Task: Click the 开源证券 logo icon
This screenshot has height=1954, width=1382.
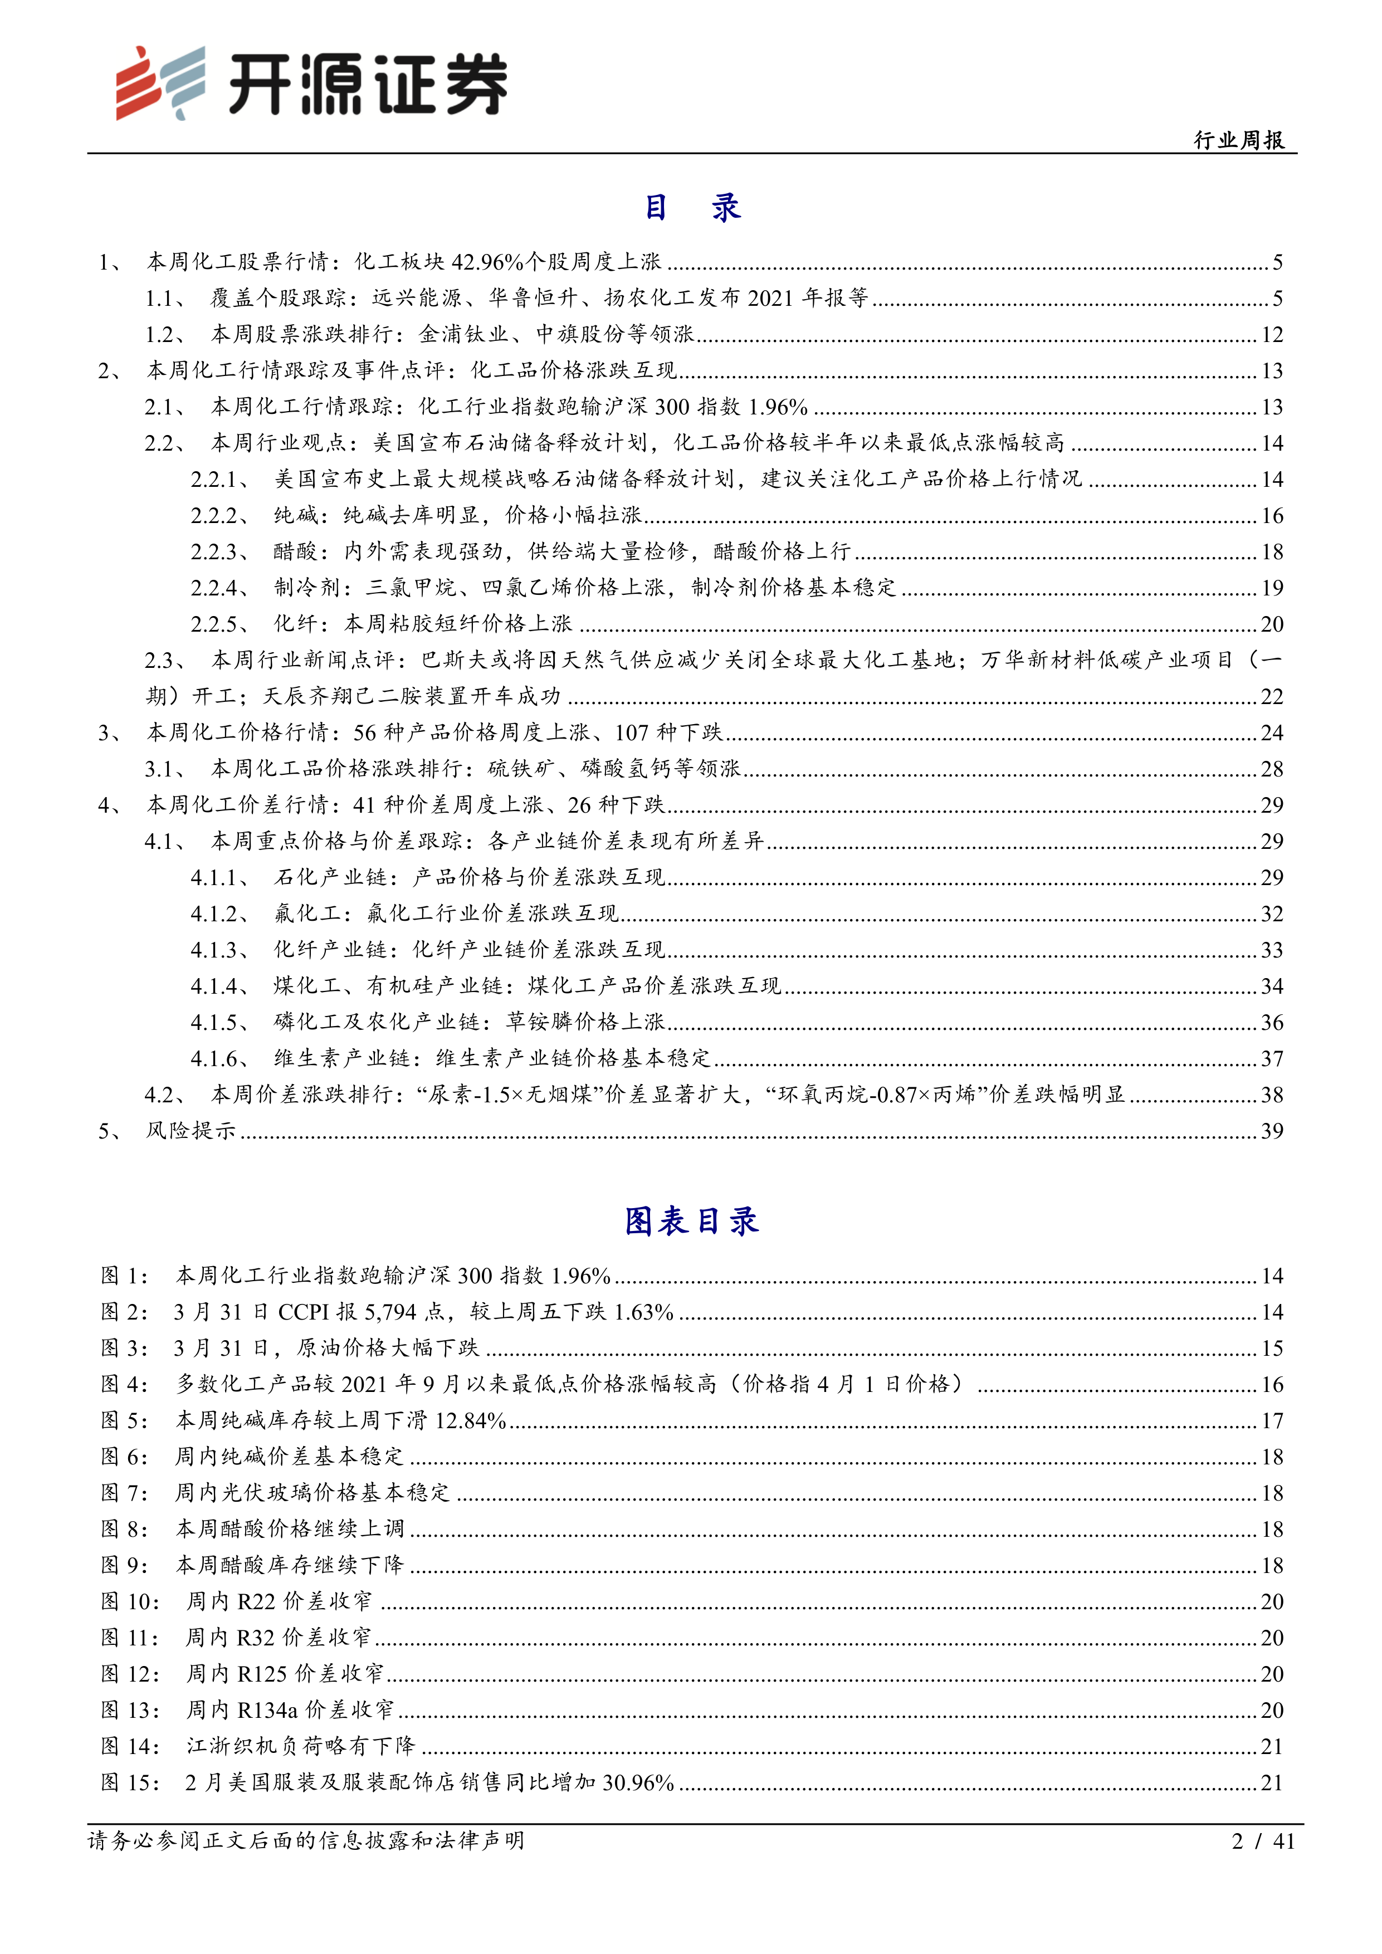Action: pos(160,82)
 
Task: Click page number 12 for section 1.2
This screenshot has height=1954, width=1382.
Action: pos(1271,334)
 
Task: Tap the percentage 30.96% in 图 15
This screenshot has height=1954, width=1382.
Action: pos(637,1782)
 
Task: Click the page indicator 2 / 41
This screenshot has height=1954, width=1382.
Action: pos(1263,1841)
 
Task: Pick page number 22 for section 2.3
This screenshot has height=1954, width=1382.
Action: pos(1271,697)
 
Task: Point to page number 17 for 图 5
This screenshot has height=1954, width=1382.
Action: pos(1271,1420)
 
